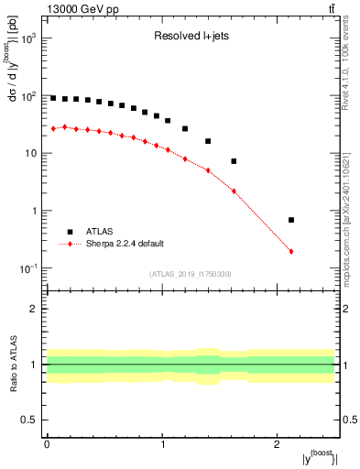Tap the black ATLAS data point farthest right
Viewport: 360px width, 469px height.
click(291, 220)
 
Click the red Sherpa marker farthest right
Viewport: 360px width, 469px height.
click(291, 251)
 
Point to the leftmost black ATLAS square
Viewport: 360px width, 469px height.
click(53, 98)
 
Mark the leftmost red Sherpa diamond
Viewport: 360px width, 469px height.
click(53, 128)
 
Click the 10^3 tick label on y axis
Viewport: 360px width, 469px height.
click(27, 38)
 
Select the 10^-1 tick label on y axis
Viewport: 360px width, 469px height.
click(27, 268)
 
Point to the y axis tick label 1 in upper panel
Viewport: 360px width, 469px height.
click(33, 211)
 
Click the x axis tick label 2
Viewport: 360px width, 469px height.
click(278, 444)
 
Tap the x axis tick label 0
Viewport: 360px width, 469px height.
click(47, 444)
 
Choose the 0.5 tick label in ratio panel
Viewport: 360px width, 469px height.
click(29, 420)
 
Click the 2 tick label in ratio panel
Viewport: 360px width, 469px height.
click(35, 309)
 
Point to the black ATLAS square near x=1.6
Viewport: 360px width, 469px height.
click(234, 161)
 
